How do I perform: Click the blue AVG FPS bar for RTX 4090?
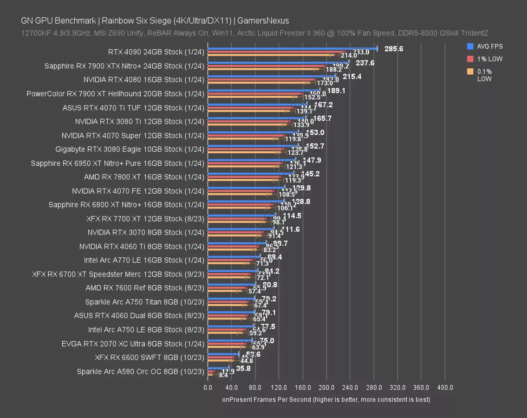click(x=293, y=48)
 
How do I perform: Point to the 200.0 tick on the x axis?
click(x=326, y=388)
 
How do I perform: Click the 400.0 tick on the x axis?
click(x=445, y=388)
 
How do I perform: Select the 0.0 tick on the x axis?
click(x=208, y=388)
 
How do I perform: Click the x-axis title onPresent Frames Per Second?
click(x=326, y=399)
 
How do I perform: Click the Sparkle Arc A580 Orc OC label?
click(x=140, y=372)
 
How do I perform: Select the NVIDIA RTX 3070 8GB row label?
click(x=146, y=232)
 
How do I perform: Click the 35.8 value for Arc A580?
click(x=243, y=368)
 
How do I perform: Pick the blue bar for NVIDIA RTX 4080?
click(x=272, y=76)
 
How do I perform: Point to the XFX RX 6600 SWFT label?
click(x=150, y=358)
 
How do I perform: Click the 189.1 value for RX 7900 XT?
click(x=336, y=91)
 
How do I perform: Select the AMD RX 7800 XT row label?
click(x=144, y=177)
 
